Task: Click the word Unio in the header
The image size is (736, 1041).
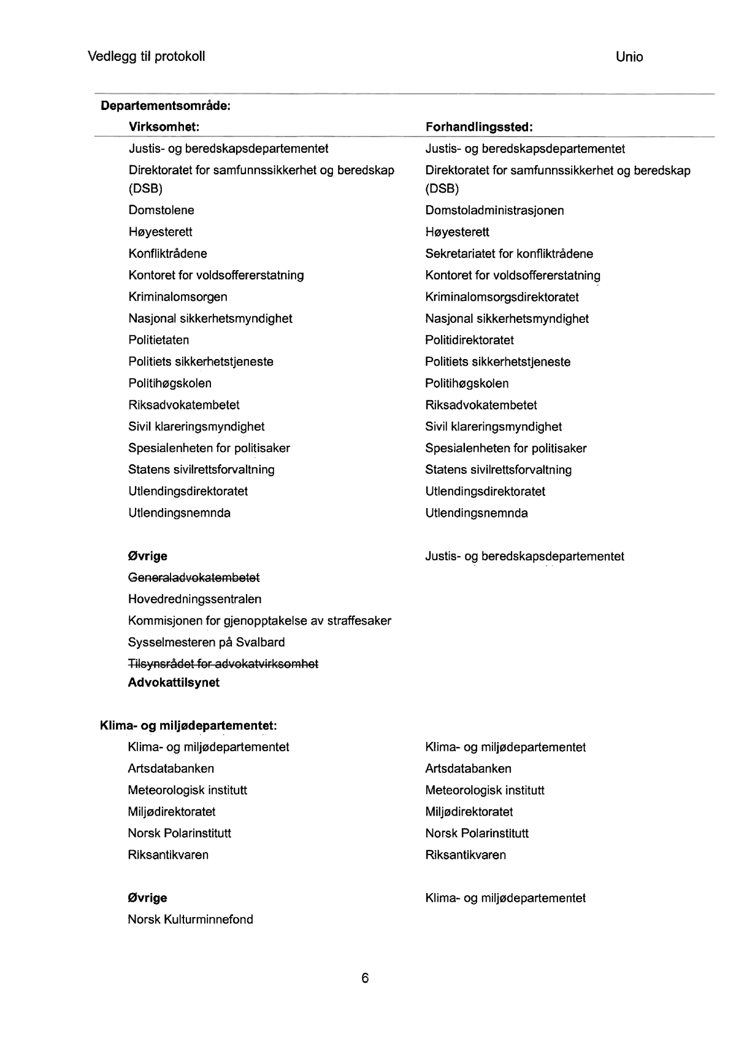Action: click(629, 57)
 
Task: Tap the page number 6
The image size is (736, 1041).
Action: click(365, 978)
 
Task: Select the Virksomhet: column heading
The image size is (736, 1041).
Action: click(164, 127)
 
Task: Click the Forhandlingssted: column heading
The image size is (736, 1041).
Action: click(479, 127)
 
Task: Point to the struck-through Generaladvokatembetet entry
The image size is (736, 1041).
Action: click(194, 578)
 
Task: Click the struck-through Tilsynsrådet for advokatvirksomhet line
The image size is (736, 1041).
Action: click(223, 664)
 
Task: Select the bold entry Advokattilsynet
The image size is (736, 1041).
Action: click(174, 683)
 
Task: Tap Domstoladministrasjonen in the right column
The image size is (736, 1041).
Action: click(494, 211)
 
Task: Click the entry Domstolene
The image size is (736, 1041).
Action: click(161, 211)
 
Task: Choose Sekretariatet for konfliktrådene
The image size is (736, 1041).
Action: click(509, 253)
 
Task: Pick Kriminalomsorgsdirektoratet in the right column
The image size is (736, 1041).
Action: click(502, 297)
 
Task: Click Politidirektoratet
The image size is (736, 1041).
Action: click(469, 340)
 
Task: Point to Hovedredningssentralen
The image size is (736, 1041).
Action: click(194, 599)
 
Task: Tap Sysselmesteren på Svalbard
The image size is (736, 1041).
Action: click(206, 643)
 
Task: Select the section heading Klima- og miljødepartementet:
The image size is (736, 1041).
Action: click(188, 726)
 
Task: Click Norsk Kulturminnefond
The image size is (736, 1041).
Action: click(190, 919)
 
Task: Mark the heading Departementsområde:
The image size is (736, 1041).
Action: click(166, 106)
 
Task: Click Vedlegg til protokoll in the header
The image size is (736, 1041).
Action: click(147, 57)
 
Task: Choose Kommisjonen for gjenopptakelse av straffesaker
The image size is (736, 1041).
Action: click(259, 621)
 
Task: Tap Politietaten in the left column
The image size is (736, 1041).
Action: click(159, 340)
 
